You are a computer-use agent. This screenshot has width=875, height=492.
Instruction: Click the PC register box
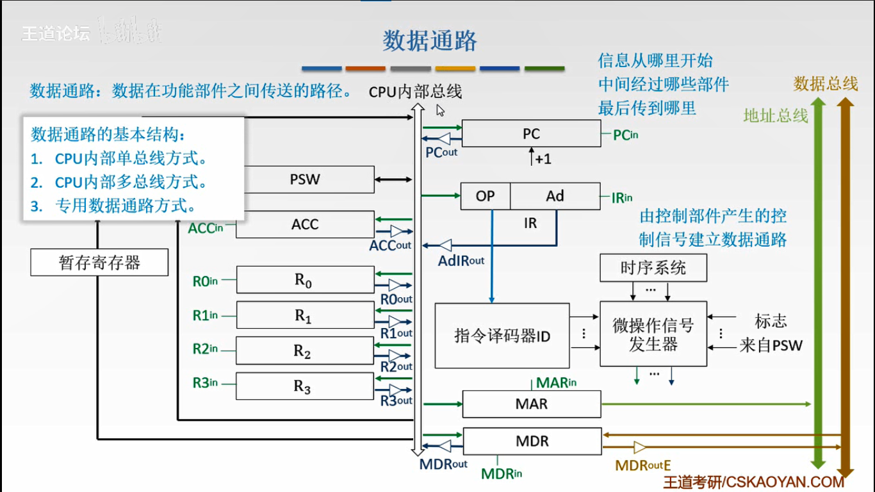531,134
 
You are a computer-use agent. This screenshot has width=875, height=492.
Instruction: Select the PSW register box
304,179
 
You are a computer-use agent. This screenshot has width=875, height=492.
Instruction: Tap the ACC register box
304,225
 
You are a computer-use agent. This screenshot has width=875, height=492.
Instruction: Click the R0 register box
304,281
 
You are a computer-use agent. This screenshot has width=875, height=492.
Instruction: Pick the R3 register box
304,386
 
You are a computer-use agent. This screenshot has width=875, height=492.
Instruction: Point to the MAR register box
532,404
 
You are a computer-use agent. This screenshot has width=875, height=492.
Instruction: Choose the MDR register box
532,441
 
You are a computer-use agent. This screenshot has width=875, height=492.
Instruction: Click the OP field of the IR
486,196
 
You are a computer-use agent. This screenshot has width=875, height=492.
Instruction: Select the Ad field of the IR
555,196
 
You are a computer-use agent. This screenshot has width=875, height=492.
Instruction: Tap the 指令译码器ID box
502,336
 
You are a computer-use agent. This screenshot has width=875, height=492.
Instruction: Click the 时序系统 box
653,268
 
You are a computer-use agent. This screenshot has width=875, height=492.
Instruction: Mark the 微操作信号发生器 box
653,334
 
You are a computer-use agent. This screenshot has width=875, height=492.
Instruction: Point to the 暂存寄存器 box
99,263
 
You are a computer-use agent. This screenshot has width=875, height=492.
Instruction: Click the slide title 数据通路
430,40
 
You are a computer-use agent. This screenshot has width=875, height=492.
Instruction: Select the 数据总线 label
825,83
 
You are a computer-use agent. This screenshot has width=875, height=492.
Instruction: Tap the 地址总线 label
775,115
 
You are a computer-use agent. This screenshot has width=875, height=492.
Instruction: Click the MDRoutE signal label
642,466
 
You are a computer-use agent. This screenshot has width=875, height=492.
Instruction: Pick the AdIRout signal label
461,261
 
